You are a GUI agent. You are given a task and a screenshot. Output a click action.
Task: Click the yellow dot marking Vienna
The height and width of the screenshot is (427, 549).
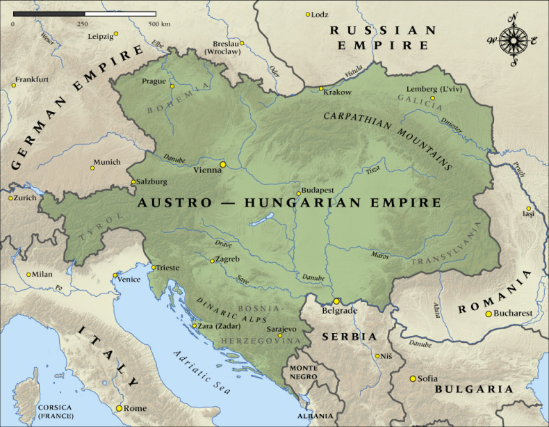click(x=223, y=164)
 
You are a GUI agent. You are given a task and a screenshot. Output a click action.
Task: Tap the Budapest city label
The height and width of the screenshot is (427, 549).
click(x=318, y=189)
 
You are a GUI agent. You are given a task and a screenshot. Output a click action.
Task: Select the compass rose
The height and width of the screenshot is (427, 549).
click(x=514, y=40)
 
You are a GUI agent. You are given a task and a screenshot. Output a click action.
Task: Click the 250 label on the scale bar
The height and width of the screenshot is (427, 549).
click(x=83, y=24)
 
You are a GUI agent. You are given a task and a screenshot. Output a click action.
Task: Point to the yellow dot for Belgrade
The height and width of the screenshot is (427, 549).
click(x=336, y=301)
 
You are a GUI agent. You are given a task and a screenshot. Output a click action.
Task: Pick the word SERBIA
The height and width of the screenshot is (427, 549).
click(x=349, y=337)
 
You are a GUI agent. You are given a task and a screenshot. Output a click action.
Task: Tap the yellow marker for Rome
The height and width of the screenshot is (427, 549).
click(x=119, y=408)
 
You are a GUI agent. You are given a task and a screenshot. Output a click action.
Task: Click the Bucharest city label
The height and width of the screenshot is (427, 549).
click(x=514, y=313)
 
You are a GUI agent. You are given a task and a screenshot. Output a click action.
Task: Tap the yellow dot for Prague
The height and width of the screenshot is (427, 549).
click(x=172, y=86)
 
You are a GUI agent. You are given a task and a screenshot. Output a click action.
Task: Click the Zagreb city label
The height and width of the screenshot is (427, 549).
click(x=229, y=259)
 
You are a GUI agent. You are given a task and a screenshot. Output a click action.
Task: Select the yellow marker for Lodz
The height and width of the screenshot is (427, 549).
click(x=309, y=14)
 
